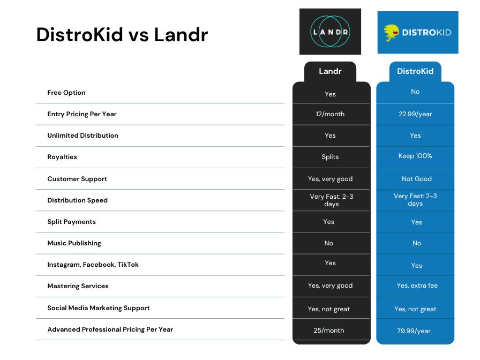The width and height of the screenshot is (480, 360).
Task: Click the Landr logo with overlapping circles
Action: pyautogui.click(x=330, y=32)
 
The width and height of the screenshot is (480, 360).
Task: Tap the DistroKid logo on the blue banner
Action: pyautogui.click(x=418, y=33)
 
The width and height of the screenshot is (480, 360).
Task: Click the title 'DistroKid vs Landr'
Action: pyautogui.click(x=122, y=34)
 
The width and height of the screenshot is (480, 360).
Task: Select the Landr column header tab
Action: pyautogui.click(x=330, y=71)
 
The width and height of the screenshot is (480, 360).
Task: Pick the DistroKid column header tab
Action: pyautogui.click(x=415, y=71)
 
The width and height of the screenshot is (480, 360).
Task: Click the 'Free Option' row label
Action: pyautogui.click(x=66, y=93)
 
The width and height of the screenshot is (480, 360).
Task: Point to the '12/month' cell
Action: pyautogui.click(x=330, y=114)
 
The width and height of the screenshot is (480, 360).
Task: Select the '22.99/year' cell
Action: pyautogui.click(x=415, y=114)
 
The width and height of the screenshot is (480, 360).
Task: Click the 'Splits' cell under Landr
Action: pyautogui.click(x=330, y=157)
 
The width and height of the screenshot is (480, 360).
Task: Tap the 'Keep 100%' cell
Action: pyautogui.click(x=415, y=156)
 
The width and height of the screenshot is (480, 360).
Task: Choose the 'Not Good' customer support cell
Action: pyautogui.click(x=417, y=179)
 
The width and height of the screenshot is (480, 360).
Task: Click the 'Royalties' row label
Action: pyautogui.click(x=62, y=157)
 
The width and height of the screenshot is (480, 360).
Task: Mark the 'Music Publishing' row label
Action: pyautogui.click(x=74, y=243)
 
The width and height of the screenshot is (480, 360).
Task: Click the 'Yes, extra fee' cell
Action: pyautogui.click(x=417, y=286)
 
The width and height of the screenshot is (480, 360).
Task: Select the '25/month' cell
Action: pyautogui.click(x=329, y=331)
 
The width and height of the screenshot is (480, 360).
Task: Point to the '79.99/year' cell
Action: pyautogui.click(x=414, y=331)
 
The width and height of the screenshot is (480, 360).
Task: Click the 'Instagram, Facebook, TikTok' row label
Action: pyautogui.click(x=93, y=265)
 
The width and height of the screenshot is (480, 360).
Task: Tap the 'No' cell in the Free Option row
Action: pyautogui.click(x=415, y=92)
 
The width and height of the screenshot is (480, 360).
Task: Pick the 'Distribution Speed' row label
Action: pyautogui.click(x=78, y=200)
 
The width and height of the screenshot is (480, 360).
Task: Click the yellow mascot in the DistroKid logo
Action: pyautogui.click(x=391, y=33)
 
